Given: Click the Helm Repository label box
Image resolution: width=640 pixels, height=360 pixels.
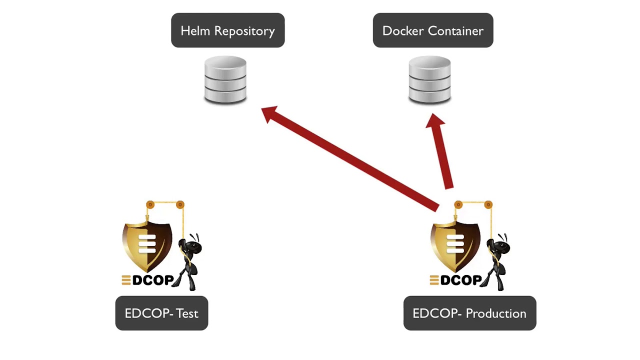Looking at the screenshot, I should [227, 30].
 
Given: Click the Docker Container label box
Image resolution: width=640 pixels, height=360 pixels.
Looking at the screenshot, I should [433, 30].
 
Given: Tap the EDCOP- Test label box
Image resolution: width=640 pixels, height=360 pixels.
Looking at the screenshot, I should [161, 313].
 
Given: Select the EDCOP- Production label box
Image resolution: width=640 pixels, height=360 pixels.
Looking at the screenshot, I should [469, 313].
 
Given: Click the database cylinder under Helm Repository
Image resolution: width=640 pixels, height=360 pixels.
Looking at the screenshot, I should [225, 80].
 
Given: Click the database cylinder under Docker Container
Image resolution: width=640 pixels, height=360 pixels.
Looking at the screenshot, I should [429, 80].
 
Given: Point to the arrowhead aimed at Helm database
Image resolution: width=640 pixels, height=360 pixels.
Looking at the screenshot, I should [270, 114].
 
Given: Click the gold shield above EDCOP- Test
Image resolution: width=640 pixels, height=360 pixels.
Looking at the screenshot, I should [147, 245].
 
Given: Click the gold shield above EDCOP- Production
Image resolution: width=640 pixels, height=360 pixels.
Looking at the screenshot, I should [455, 245].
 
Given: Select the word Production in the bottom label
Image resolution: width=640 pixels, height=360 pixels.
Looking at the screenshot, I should [496, 313].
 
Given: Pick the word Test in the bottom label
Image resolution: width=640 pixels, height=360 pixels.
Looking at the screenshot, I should [187, 313].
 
